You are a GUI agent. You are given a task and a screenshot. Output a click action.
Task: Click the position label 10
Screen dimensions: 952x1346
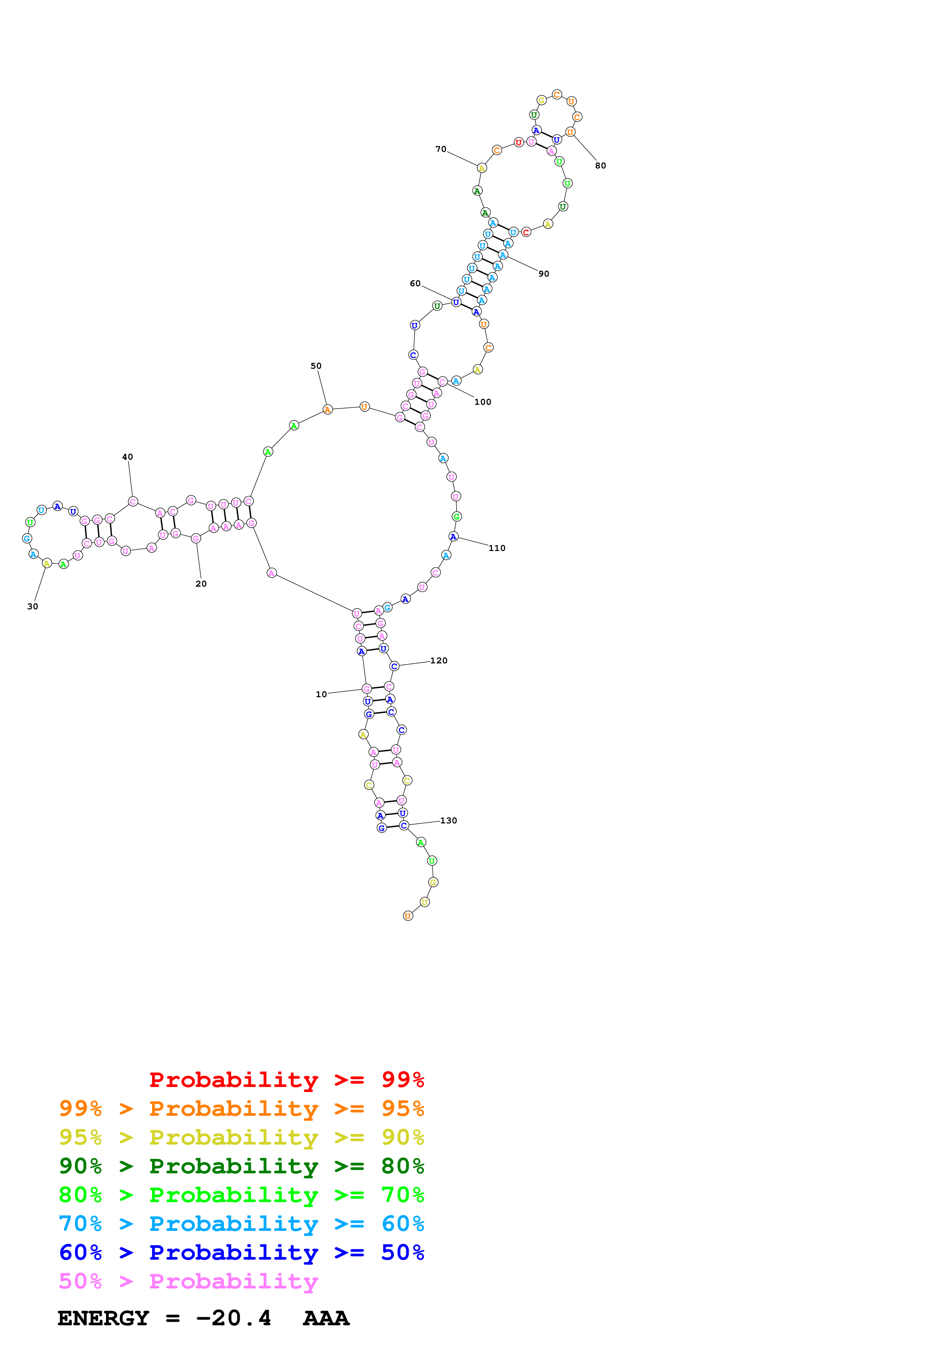321,694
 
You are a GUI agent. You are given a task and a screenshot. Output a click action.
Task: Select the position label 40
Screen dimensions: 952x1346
127,457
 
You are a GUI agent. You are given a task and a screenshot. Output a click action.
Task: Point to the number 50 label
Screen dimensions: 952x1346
316,366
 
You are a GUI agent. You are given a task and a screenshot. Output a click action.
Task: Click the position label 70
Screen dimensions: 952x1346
440,150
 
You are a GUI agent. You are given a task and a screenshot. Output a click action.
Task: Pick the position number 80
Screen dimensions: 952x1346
600,165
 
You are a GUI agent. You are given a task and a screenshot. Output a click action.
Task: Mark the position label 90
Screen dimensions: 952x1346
544,274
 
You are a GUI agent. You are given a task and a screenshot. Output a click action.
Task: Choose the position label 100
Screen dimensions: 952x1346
482,402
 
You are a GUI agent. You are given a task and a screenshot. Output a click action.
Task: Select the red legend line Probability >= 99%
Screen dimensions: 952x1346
286,1079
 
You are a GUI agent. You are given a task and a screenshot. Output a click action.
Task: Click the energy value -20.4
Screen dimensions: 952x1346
233,1318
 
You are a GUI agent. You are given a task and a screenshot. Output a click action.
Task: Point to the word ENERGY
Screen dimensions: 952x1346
103,1318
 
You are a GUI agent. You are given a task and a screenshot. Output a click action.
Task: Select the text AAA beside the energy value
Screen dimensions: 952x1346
326,1318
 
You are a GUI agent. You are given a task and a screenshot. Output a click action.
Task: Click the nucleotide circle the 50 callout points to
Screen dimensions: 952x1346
327,409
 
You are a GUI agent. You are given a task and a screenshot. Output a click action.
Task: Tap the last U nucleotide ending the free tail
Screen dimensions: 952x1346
408,916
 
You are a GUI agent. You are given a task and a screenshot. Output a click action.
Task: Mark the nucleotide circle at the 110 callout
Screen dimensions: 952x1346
453,536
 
